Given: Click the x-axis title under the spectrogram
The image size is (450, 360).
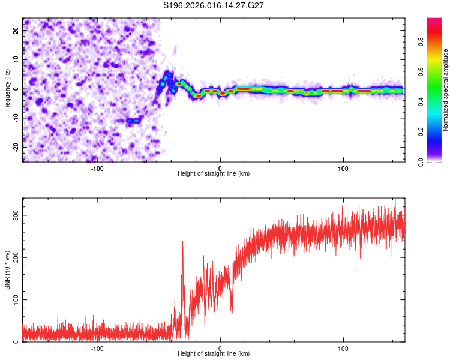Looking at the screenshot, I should pos(214,174).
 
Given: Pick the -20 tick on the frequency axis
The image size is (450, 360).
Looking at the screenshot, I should pos(15,147).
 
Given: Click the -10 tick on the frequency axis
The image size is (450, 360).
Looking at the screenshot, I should pos(15,118).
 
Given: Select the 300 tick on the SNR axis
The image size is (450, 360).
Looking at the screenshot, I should pos(16,215).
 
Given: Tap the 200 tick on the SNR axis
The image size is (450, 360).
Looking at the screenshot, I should pos(16,257).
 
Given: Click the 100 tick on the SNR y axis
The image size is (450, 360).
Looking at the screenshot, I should pos(16,299).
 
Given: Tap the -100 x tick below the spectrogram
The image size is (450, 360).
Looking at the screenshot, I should pos(97,167).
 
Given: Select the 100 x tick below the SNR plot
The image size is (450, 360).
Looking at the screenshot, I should pos(344,349).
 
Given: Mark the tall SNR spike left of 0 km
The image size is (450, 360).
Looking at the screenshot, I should pos(182,242).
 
